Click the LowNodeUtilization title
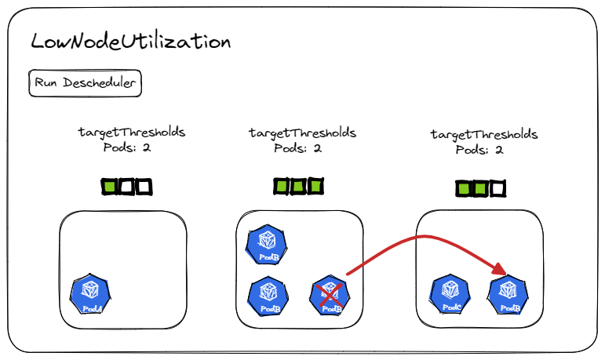(130, 42)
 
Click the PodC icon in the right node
(450, 296)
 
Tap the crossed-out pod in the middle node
(330, 296)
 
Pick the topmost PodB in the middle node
(267, 245)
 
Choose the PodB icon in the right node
(506, 296)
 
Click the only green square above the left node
(110, 187)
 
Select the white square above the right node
(497, 189)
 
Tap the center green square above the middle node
(298, 187)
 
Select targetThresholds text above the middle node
(302, 133)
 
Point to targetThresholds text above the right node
(484, 134)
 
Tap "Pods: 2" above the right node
(479, 149)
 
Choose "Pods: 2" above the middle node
(298, 147)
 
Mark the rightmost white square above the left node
(143, 187)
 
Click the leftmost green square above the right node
(464, 189)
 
